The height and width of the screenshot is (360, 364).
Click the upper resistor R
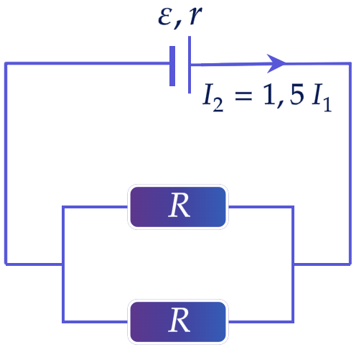coord(178,207)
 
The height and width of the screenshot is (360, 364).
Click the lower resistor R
coord(178,322)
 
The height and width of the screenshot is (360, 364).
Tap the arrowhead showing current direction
coord(276,63)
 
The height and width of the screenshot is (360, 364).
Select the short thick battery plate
coord(172,66)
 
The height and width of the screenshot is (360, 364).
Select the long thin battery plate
coord(190,65)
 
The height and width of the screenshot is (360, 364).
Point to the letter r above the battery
coord(195,17)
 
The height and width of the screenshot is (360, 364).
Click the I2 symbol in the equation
coord(213,97)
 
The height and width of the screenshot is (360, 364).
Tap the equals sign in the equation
coord(243,96)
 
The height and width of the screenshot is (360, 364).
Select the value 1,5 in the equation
coord(284,95)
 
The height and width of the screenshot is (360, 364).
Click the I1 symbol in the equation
coord(322,97)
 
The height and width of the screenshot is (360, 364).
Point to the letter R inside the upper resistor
coord(179,206)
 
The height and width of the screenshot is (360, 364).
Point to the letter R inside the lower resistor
coord(179,320)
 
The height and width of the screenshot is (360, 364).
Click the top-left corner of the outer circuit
coord(6,63)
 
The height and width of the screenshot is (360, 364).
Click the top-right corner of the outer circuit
coord(350,63)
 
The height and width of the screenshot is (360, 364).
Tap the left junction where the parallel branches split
coord(63,264)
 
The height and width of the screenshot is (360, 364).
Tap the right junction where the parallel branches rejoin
coord(293,264)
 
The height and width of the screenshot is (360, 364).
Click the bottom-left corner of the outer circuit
coord(6,264)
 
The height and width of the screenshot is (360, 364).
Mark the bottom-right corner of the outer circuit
coord(350,264)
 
